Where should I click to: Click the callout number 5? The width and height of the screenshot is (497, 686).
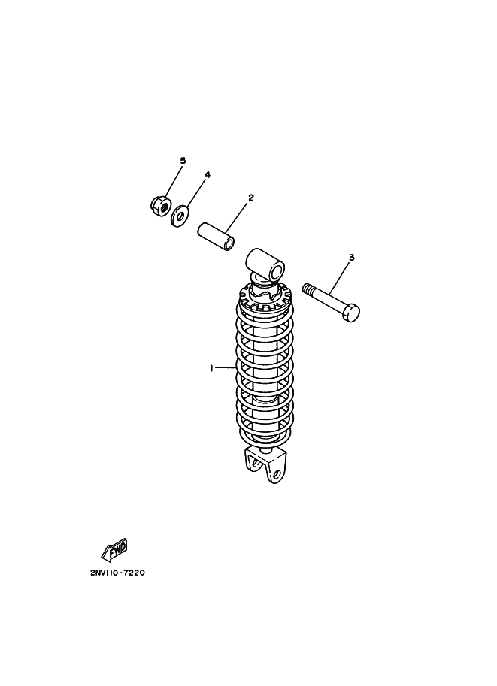pos(183,161)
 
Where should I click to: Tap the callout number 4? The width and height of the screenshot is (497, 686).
pos(208,174)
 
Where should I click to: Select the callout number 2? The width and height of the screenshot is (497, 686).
pos(251,198)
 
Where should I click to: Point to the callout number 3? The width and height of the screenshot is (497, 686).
pos(351,257)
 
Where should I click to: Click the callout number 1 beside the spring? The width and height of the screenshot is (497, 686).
pos(211,368)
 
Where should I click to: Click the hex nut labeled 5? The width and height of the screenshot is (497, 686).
pos(160,205)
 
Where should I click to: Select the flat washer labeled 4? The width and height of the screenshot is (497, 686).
pos(180,215)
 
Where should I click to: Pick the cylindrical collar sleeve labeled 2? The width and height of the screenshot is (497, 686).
pos(217,237)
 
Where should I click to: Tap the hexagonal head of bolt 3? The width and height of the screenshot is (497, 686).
pos(350,313)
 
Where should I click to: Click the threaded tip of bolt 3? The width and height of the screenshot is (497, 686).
pos(308,289)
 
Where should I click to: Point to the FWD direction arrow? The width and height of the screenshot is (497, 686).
pos(114,548)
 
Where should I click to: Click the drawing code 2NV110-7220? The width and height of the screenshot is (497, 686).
pos(117,573)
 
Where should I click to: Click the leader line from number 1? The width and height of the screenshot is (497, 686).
pos(225,368)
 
